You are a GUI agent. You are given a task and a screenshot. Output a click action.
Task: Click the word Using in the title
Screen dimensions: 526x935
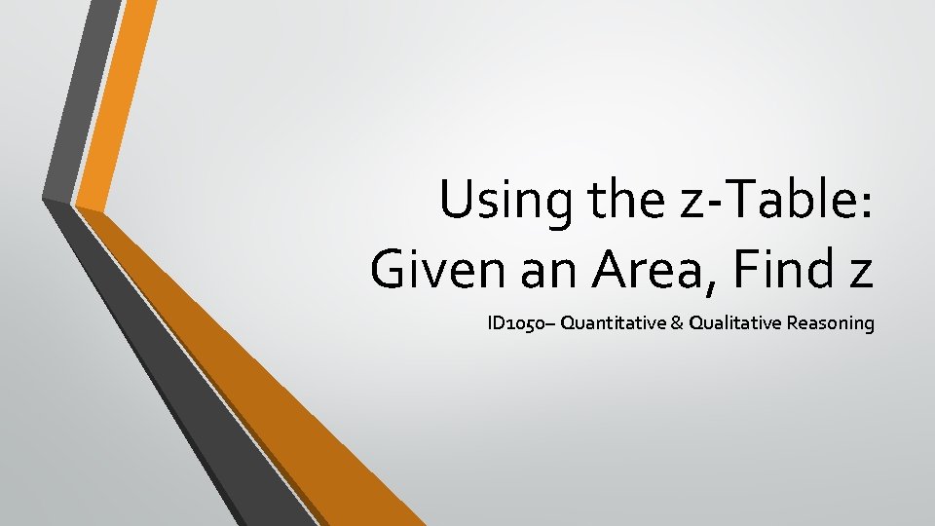point(496,202)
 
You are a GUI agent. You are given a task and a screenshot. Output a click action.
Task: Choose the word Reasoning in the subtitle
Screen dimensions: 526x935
point(834,322)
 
